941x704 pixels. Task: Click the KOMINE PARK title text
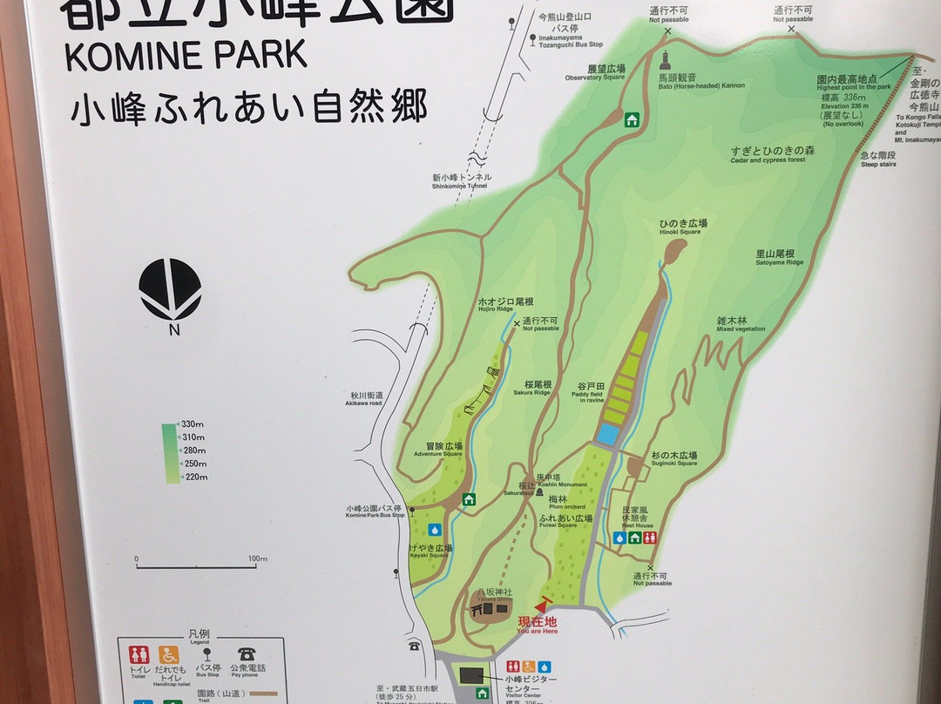186,55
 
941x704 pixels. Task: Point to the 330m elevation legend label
192,424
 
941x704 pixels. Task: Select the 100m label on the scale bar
256,558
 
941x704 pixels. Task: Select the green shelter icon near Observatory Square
632,119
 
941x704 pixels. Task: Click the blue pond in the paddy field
608,434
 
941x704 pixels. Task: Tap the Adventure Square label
438,449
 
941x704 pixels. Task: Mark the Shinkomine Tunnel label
461,180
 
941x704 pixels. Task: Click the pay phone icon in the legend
247,653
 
